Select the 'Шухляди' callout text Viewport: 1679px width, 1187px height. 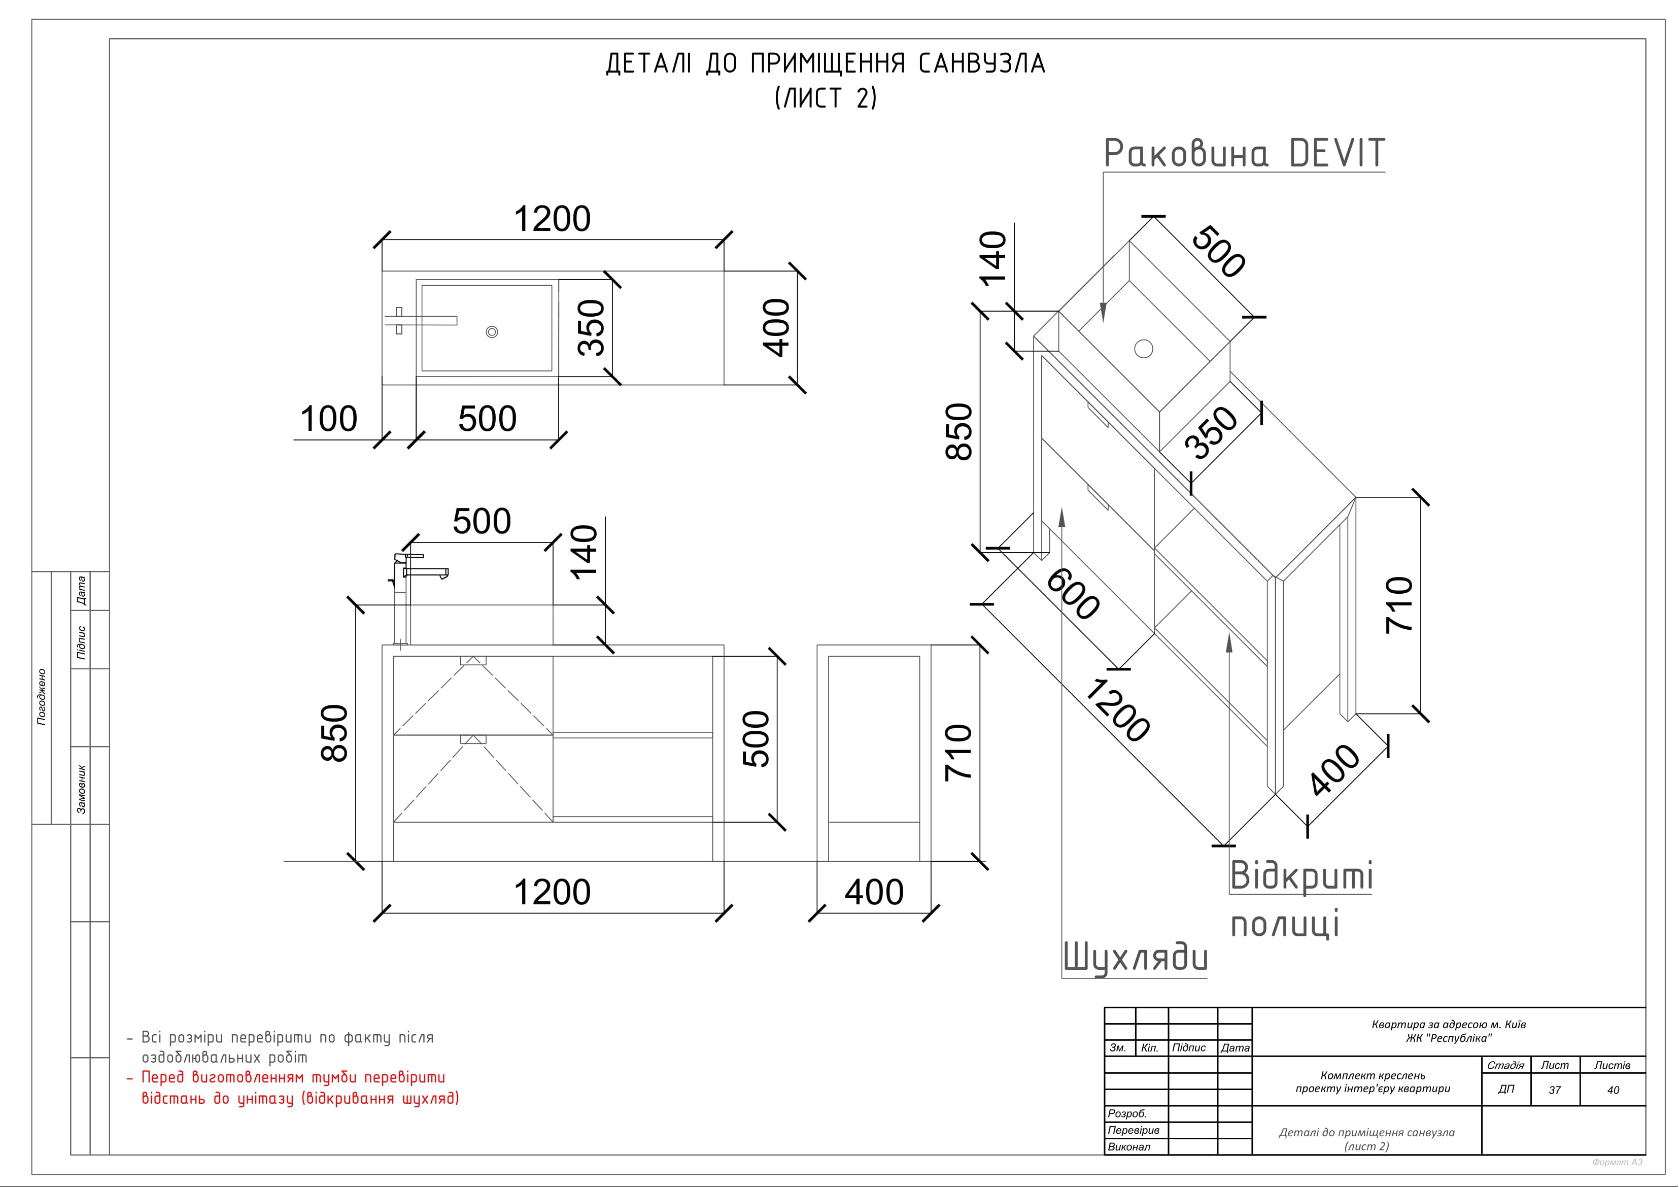pyautogui.click(x=1135, y=958)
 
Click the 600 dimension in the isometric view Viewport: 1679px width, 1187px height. pyautogui.click(x=1073, y=595)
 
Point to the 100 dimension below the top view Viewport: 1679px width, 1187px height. pyautogui.click(x=329, y=419)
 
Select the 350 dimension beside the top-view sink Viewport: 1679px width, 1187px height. pyautogui.click(x=592, y=328)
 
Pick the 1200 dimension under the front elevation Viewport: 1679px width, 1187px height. pyautogui.click(x=552, y=892)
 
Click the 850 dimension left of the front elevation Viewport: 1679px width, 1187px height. pyautogui.click(x=334, y=733)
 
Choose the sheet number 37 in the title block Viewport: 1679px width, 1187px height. pyautogui.click(x=1555, y=1090)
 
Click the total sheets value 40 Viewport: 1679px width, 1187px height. pyautogui.click(x=1613, y=1090)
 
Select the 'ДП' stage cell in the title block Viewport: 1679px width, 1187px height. pyautogui.click(x=1505, y=1089)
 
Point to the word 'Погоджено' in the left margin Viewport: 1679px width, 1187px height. pyautogui.click(x=42, y=697)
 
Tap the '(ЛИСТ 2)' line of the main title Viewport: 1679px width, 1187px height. pyautogui.click(x=826, y=97)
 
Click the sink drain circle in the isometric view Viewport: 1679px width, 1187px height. pyautogui.click(x=1144, y=349)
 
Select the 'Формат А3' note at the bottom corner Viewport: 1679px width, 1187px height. pyautogui.click(x=1617, y=1162)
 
